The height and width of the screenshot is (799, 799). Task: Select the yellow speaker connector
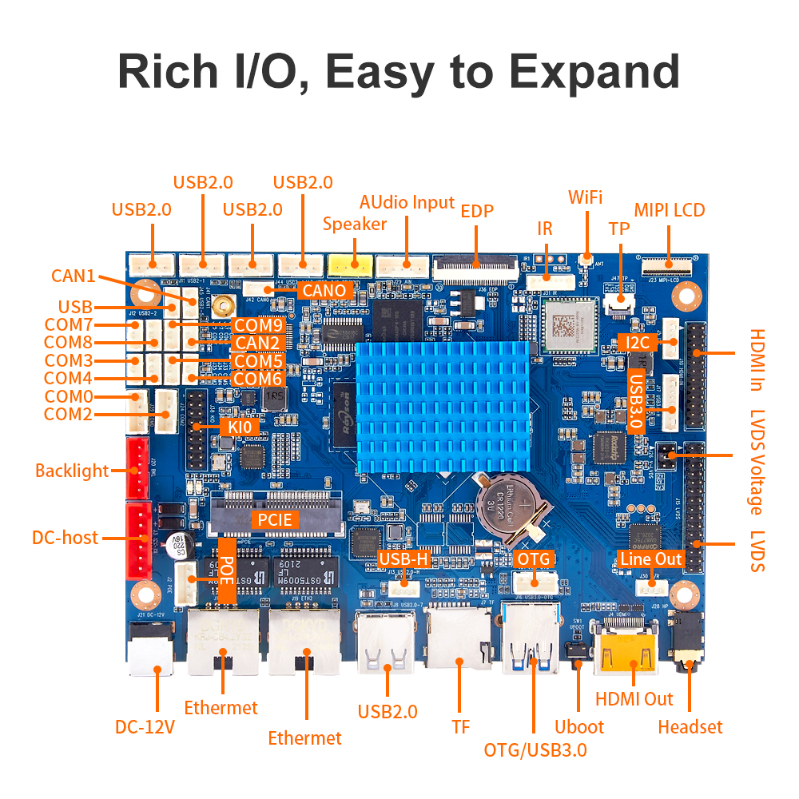(349, 263)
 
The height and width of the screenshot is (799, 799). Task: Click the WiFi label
(585, 197)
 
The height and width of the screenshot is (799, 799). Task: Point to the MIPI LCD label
(670, 210)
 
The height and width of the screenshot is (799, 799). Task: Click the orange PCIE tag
(275, 519)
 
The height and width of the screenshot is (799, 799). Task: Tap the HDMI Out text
(634, 699)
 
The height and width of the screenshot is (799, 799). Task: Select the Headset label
(690, 727)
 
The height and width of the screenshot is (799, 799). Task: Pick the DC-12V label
(145, 728)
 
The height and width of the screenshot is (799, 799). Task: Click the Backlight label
(72, 471)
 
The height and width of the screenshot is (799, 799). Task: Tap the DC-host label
(65, 538)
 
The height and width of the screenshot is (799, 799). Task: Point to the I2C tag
(638, 343)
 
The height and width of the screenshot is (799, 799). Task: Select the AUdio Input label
(407, 202)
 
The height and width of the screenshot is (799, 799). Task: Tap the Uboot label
(579, 727)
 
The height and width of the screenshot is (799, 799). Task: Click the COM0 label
(68, 397)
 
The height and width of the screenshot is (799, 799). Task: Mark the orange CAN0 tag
(324, 290)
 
